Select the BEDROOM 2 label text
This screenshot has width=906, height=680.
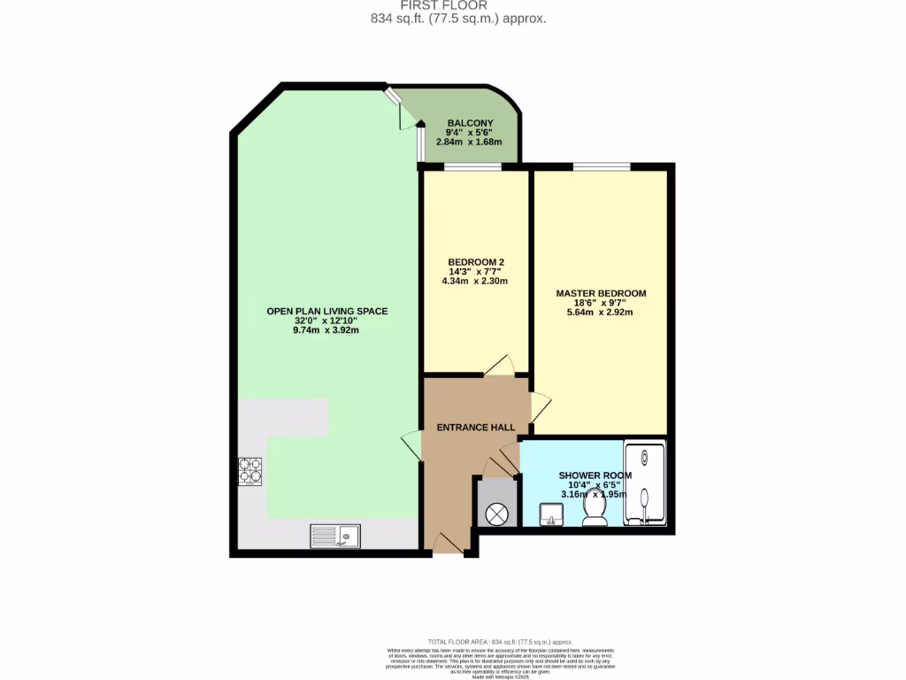(x=476, y=262)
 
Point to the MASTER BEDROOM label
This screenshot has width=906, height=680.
(x=601, y=293)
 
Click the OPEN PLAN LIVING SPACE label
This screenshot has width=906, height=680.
(x=326, y=311)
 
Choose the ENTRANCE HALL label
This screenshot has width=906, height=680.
(x=476, y=428)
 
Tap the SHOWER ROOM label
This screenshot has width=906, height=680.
(x=595, y=475)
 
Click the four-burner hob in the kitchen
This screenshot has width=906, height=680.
(x=250, y=471)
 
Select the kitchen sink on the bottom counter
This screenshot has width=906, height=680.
(x=334, y=537)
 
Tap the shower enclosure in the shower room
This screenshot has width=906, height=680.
(x=645, y=483)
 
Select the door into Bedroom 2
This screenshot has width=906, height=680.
(x=499, y=365)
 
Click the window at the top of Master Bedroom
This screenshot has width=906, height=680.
(x=602, y=166)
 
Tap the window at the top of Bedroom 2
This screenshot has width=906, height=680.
(x=472, y=166)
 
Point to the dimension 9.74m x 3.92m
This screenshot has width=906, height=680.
(x=326, y=330)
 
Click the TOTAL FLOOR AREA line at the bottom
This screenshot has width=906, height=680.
(x=500, y=642)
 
